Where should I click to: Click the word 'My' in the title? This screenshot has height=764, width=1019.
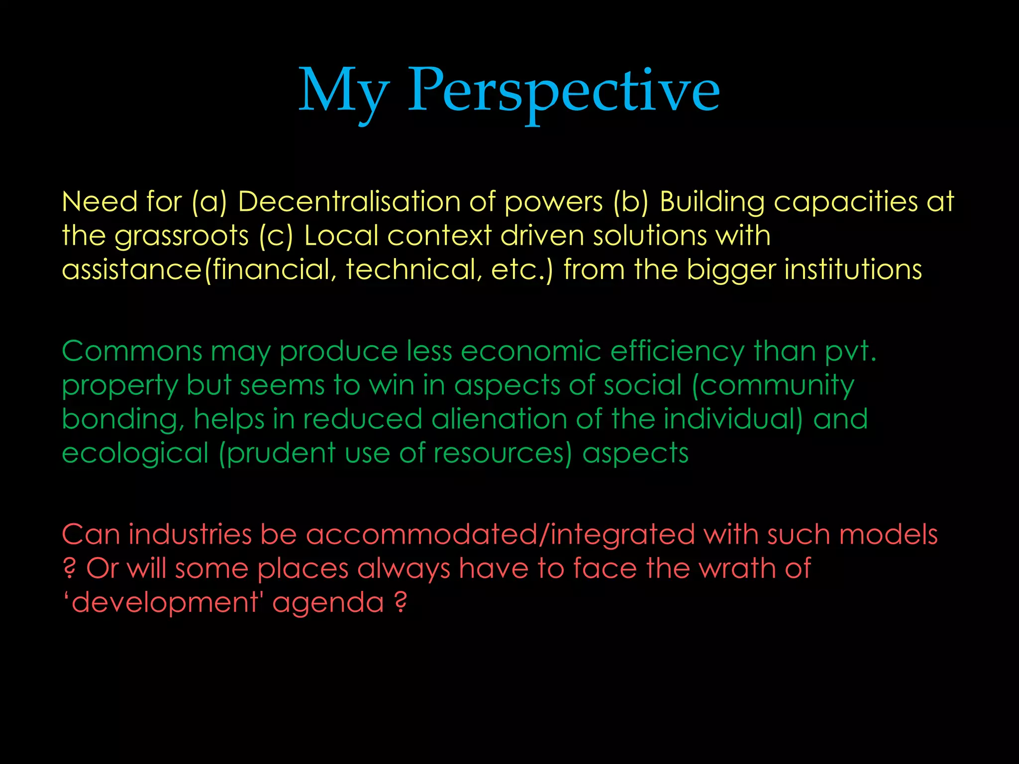343,92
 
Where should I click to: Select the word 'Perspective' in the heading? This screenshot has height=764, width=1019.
564,92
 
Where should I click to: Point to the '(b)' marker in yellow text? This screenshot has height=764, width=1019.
631,202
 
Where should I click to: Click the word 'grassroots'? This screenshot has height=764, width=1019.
182,236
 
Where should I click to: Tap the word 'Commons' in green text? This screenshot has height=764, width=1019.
132,351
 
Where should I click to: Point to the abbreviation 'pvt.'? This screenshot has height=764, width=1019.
850,352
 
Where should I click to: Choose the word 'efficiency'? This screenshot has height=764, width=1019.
677,352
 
